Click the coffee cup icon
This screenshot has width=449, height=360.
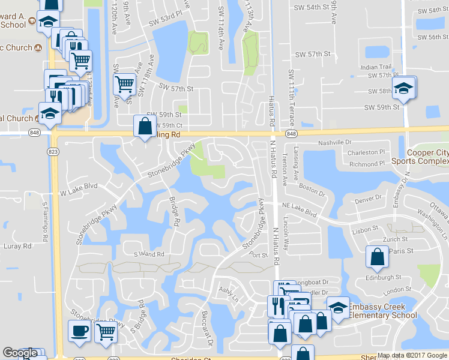point(79,331)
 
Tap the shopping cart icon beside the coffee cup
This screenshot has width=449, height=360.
point(106,331)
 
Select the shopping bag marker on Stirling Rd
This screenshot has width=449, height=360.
point(145,127)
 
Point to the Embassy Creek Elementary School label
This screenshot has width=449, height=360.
point(382,311)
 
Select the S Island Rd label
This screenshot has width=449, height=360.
point(149,254)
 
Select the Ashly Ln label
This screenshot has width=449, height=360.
point(229,294)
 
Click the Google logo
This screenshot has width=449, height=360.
point(20,353)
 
